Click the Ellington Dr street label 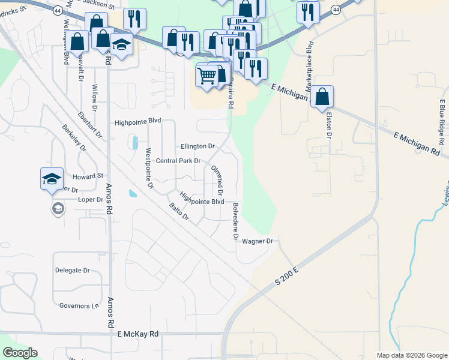197,146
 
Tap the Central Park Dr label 178,161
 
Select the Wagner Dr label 258,241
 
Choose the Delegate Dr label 72,271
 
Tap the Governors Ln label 79,306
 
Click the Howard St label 88,176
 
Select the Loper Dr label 91,200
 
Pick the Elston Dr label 328,127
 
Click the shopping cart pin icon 206,76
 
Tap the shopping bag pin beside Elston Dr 322,97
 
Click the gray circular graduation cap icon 58,209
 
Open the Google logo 20,353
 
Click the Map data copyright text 411,355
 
